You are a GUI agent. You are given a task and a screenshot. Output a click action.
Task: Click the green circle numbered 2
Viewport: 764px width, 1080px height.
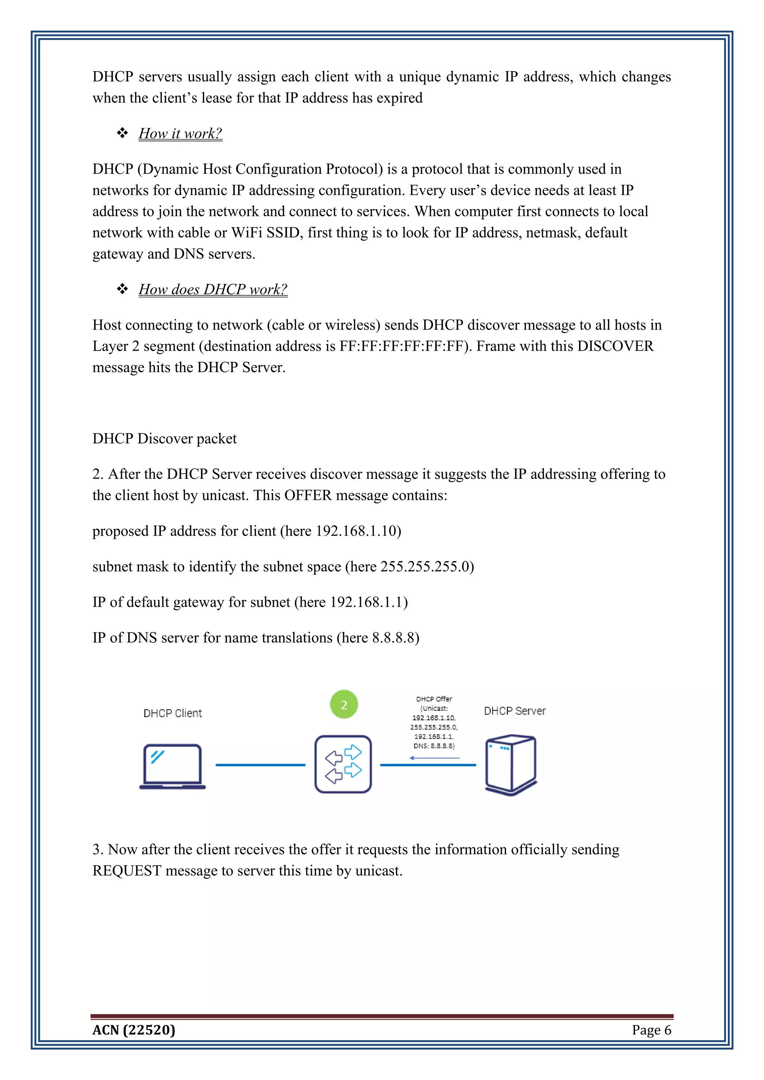pyautogui.click(x=344, y=704)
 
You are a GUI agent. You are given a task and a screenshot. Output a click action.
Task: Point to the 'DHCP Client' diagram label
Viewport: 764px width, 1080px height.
pyautogui.click(x=173, y=713)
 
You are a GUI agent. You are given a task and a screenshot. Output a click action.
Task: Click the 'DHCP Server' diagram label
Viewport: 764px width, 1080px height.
pyautogui.click(x=515, y=711)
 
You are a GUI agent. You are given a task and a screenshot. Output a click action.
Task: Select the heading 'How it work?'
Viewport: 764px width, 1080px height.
pyautogui.click(x=180, y=134)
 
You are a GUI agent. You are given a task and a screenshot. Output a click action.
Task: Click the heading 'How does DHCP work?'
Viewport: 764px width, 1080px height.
pyautogui.click(x=213, y=289)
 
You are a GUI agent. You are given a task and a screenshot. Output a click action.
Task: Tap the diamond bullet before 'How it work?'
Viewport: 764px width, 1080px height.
pyautogui.click(x=122, y=133)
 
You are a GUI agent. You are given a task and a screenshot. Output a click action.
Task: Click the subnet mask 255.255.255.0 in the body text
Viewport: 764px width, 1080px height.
pyautogui.click(x=425, y=566)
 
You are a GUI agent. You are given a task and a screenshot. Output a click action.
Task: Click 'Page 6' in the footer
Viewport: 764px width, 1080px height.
pyautogui.click(x=651, y=1030)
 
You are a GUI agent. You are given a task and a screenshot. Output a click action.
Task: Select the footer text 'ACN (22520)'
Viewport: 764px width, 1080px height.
pyautogui.click(x=134, y=1030)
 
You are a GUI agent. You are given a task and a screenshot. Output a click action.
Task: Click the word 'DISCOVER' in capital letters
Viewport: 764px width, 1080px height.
pyautogui.click(x=615, y=346)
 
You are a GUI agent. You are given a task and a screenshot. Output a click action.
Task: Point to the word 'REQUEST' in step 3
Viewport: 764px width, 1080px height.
pyautogui.click(x=127, y=871)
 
